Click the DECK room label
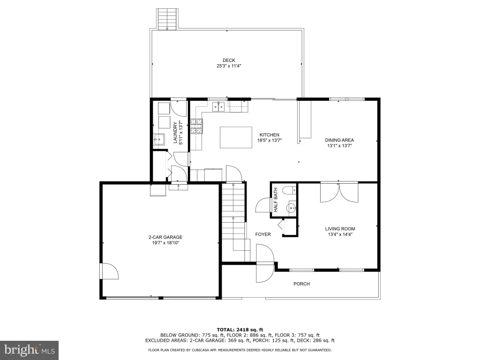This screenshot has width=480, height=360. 229,60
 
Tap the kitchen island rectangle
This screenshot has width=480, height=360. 236,137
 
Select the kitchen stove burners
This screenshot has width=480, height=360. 196,127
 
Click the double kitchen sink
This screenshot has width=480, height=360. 218,107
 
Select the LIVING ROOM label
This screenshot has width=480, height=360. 340,229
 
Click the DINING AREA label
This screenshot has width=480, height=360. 339,140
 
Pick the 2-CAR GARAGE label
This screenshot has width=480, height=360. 165,237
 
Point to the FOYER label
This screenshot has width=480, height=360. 263,234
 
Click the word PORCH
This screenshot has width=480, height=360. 301,284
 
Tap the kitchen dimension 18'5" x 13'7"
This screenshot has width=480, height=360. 270,141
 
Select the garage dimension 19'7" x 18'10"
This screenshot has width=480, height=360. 165,243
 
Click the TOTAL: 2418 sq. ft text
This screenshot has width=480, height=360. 240,330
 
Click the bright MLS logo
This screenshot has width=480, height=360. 30,350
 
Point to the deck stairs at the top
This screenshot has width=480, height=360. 167,19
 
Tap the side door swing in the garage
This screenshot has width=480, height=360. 109,271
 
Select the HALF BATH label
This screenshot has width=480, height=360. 276,200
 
